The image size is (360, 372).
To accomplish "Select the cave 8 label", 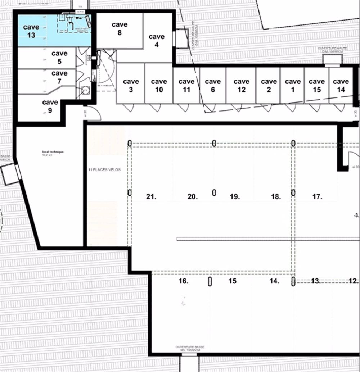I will pyautogui.click(x=119, y=28).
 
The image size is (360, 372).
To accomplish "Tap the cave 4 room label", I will pyautogui.click(x=157, y=41).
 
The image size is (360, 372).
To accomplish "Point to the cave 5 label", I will pyautogui.click(x=59, y=58).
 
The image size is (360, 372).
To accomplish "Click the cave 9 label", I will pyautogui.click(x=50, y=107).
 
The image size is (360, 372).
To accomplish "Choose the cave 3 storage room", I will pyautogui.click(x=130, y=85).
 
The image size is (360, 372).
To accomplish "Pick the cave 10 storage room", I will pyautogui.click(x=159, y=85).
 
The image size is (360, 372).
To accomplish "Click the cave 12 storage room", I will pyautogui.click(x=241, y=85).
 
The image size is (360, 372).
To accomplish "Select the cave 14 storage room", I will pyautogui.click(x=341, y=85).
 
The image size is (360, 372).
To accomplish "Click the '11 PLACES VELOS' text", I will pyautogui.click(x=105, y=169).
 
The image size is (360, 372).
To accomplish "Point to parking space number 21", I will pyautogui.click(x=151, y=197).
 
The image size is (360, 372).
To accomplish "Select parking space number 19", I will pyautogui.click(x=235, y=197).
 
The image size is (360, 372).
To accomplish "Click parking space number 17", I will pyautogui.click(x=317, y=197).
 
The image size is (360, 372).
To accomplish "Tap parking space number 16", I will pyautogui.click(x=183, y=281).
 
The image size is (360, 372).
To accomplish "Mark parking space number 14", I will pyautogui.click(x=274, y=281).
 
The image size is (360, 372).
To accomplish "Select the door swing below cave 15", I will pyautogui.click(x=314, y=108).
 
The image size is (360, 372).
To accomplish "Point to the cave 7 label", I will pyautogui.click(x=59, y=77).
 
